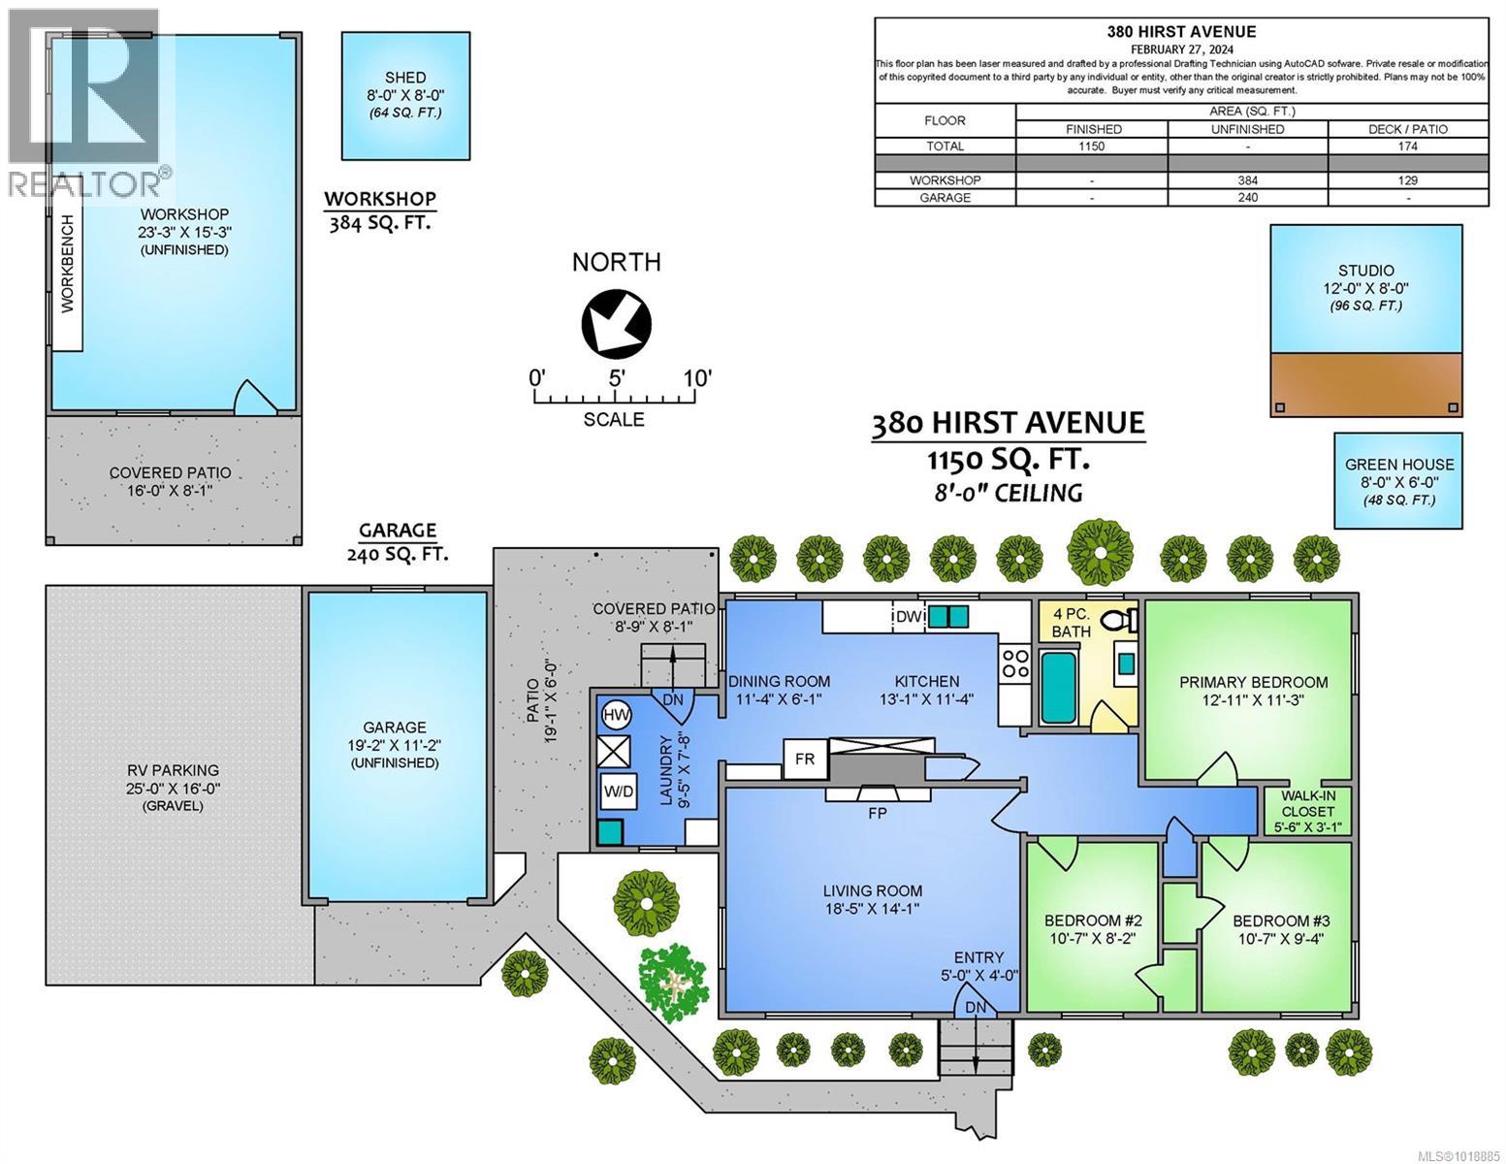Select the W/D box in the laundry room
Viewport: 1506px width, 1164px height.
pos(618,791)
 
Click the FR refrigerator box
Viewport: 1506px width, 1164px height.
pos(804,759)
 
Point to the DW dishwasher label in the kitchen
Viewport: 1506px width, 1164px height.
pos(907,616)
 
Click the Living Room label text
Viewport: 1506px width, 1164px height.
pos(872,890)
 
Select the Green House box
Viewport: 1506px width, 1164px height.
pos(1398,481)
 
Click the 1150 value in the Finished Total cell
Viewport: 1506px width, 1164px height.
pos(1092,146)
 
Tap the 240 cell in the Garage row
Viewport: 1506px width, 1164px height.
pos(1247,198)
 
